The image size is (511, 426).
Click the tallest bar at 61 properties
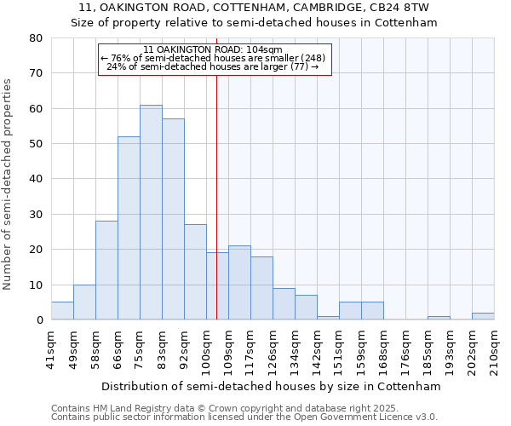point(151,212)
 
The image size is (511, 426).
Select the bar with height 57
point(173,219)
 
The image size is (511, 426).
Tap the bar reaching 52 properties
point(129,228)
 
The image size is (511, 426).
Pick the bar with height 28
point(106,270)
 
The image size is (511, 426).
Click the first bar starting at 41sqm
point(62,311)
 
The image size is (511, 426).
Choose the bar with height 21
point(239,283)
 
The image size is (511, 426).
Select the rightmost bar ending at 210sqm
point(483,316)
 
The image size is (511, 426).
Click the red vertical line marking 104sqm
point(216,196)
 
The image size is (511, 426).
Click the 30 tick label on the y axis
point(35,215)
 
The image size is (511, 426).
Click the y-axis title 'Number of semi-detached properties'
point(9,184)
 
